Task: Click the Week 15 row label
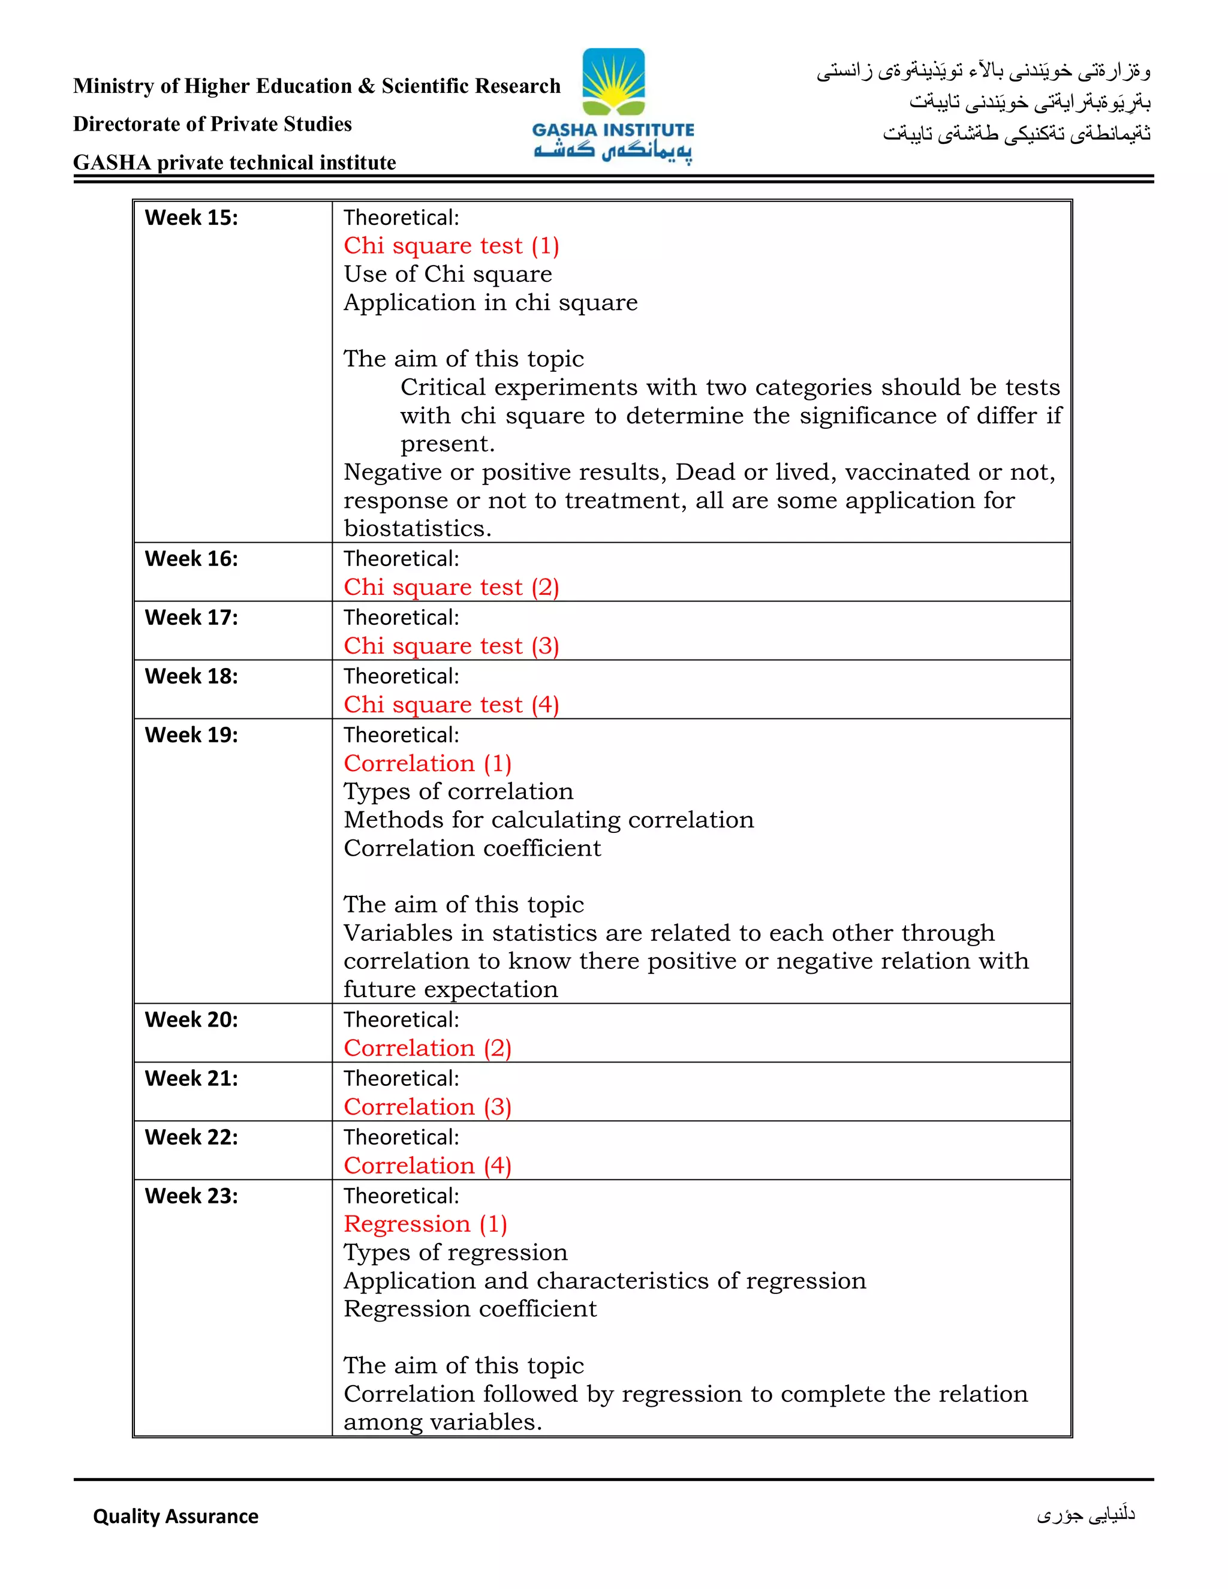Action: (x=191, y=218)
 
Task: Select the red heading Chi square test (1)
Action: (x=451, y=246)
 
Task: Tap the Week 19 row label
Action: (x=191, y=735)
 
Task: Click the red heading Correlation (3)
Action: (x=428, y=1107)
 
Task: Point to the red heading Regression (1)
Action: (x=426, y=1224)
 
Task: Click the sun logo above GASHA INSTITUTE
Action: (x=613, y=82)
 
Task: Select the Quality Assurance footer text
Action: (x=175, y=1516)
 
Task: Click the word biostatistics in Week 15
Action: (x=417, y=529)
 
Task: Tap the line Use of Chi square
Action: (x=447, y=274)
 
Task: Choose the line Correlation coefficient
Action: (x=472, y=848)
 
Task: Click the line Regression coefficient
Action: (x=470, y=1309)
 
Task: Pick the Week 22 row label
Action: (x=191, y=1137)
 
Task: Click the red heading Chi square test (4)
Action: (x=451, y=705)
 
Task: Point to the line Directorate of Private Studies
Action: (x=212, y=124)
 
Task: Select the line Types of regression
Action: (x=456, y=1252)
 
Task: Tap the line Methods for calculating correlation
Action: (x=549, y=820)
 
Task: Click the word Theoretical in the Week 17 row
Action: (x=401, y=618)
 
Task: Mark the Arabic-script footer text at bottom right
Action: (x=1085, y=1515)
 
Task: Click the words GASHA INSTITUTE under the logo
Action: (x=613, y=130)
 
